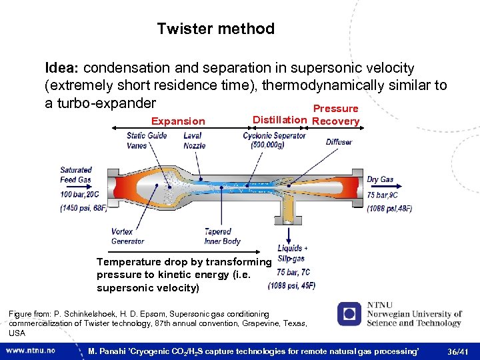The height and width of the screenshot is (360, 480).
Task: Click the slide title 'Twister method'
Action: coord(215,29)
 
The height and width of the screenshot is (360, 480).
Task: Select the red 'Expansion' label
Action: coord(178,121)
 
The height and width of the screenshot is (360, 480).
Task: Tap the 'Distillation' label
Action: coord(279,120)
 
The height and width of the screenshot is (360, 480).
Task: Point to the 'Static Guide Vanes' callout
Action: coord(147,140)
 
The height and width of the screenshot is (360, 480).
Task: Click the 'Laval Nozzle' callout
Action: coord(194,140)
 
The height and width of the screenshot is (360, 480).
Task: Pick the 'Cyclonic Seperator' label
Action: coord(274,136)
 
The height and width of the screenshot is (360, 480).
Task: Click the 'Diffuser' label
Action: coord(339,142)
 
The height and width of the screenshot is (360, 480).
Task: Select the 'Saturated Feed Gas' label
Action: coord(76,175)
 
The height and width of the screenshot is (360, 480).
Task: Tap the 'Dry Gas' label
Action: coord(380,180)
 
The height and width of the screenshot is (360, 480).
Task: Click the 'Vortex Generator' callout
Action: coord(127,237)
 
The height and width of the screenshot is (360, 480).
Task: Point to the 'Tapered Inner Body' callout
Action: coord(222,237)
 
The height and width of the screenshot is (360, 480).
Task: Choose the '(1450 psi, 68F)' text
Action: coord(83,208)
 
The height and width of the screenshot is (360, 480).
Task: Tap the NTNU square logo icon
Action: coord(349,314)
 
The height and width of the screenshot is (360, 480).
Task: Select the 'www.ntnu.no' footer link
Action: coord(31,350)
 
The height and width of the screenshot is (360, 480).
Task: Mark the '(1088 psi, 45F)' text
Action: coord(291,286)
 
